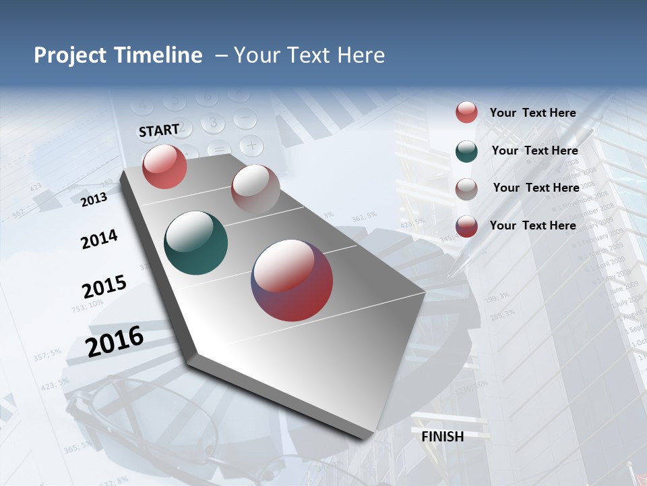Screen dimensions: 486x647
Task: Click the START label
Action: coord(159,130)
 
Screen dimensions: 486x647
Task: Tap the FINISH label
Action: coord(443,437)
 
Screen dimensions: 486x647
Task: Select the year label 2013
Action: coord(94,200)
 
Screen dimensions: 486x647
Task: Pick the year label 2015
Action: coord(104,286)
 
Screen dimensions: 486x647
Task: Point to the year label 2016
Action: coord(115,341)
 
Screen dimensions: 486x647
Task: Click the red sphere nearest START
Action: coord(164,167)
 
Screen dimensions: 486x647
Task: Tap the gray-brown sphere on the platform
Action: coord(255,189)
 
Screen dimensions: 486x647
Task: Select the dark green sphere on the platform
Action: coord(196,243)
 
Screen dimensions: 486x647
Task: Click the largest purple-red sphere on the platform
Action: coord(292,280)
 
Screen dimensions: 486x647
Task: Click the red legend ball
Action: coord(466,113)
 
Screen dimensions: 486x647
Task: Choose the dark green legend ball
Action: coord(466,151)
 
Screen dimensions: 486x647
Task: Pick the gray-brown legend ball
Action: coord(466,188)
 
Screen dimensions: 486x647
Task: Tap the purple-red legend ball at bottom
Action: coord(466,226)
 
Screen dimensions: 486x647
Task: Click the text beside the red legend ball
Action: coord(532,113)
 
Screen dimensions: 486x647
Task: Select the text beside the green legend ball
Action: coord(534,151)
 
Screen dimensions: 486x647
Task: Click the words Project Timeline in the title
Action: coord(118,55)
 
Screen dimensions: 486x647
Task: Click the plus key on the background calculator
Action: coord(251,144)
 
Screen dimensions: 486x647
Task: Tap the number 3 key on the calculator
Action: coord(213,123)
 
